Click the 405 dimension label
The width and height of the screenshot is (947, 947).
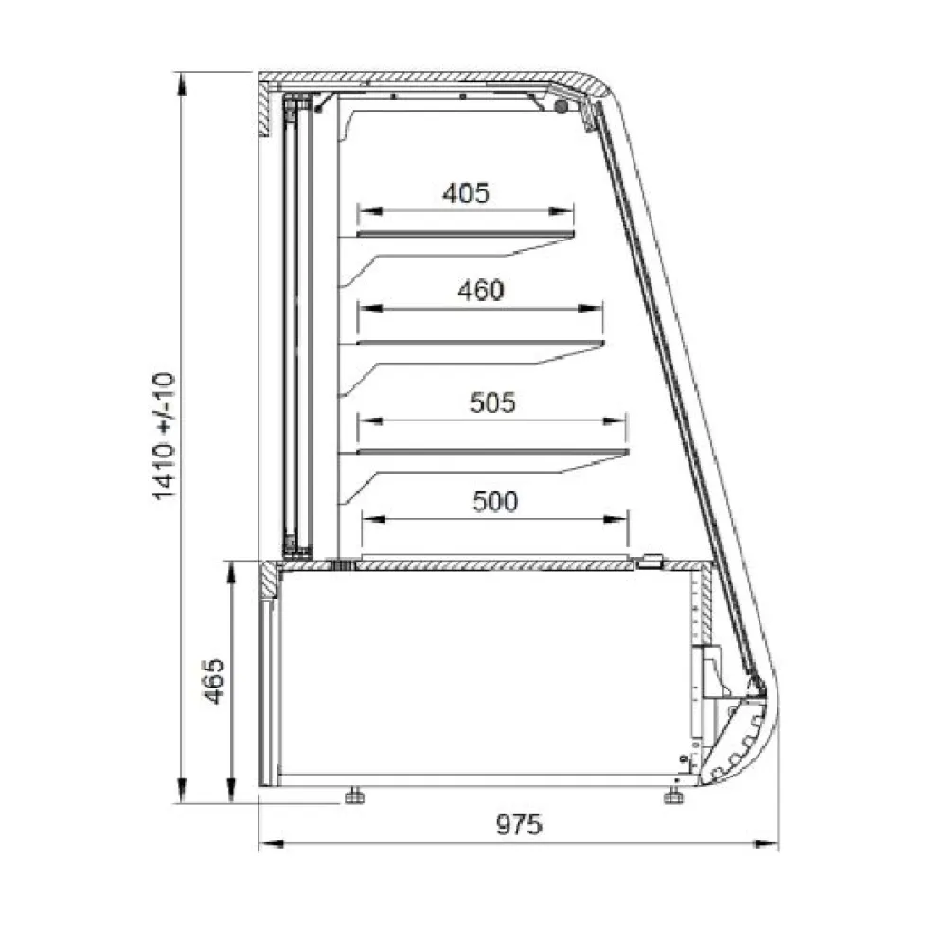tap(466, 193)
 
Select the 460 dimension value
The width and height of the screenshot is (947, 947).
tap(481, 291)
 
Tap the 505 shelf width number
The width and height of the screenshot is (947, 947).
tap(492, 402)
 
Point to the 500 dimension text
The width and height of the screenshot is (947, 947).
tap(495, 501)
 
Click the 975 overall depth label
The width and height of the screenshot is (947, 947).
tap(519, 825)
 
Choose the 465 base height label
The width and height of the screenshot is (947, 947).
tap(213, 681)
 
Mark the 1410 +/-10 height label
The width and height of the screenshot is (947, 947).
tap(164, 436)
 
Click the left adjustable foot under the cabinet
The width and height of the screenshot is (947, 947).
tap(354, 796)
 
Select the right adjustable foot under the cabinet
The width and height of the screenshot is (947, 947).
tap(673, 796)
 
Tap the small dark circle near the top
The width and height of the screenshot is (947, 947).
tap(562, 107)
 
